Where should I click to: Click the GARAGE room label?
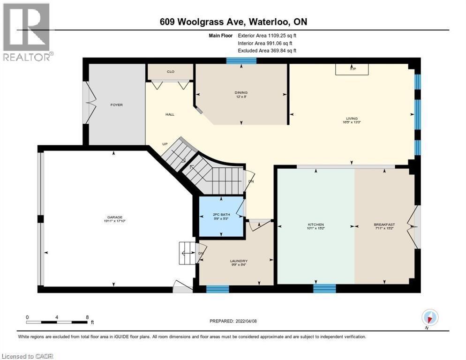[x=114, y=217]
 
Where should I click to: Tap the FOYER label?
[x=116, y=105]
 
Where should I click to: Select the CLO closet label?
[x=170, y=72]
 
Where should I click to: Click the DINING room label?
[x=241, y=92]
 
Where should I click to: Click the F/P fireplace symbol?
[x=353, y=69]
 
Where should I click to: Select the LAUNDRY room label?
[x=239, y=261]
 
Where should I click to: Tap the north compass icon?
[x=430, y=317]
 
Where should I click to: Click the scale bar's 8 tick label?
[x=87, y=317]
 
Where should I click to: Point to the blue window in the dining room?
[x=241, y=60]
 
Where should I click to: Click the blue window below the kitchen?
[x=324, y=288]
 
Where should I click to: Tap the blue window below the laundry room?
[x=218, y=289]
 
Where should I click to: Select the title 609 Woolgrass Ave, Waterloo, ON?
[x=233, y=22]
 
